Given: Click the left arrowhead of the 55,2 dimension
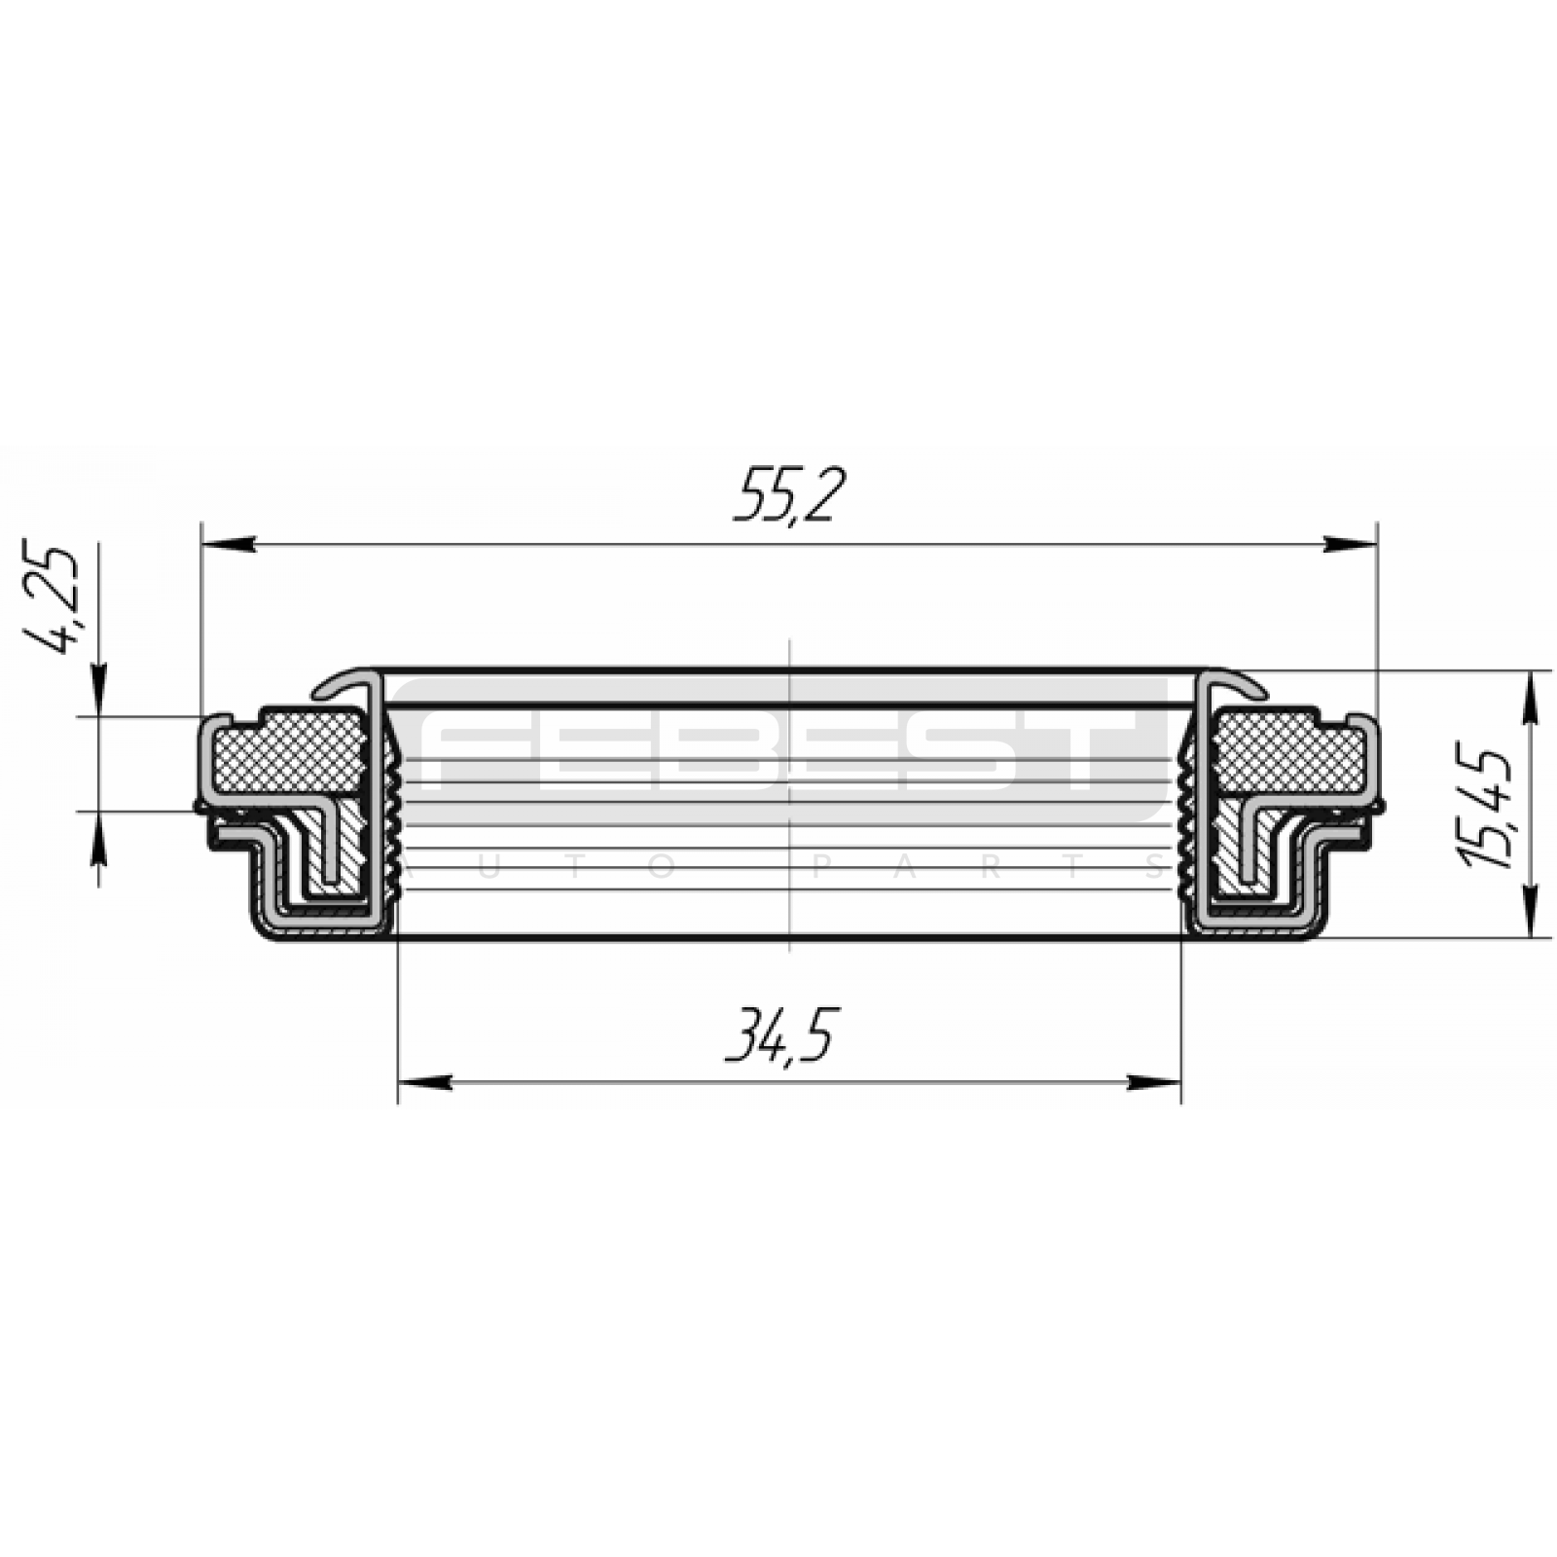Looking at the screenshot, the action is point(228,545).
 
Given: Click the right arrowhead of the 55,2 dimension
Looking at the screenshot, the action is point(1351,545).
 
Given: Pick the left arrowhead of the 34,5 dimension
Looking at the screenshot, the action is point(425,1082).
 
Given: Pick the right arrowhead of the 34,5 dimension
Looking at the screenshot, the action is point(1153,1082).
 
